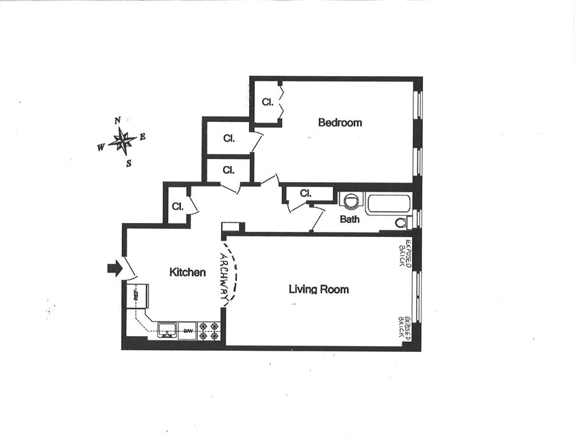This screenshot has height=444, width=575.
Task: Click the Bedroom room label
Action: (340, 123)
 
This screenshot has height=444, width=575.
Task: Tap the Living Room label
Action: (319, 289)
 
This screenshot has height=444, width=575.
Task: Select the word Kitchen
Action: (187, 273)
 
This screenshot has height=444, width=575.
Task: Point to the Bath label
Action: (349, 219)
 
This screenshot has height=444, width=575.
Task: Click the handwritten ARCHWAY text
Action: (224, 279)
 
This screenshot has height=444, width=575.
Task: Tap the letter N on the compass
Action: (117, 121)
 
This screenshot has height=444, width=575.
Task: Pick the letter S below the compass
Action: (128, 163)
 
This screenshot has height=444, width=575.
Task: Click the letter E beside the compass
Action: (142, 137)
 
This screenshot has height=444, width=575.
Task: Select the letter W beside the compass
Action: (101, 148)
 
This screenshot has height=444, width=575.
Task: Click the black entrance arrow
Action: (114, 269)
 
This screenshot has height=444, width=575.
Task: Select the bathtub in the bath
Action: (388, 205)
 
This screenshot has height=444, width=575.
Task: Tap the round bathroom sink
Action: (350, 201)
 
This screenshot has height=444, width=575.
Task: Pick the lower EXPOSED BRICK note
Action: (402, 325)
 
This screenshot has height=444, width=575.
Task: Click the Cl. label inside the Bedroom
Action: (268, 102)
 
